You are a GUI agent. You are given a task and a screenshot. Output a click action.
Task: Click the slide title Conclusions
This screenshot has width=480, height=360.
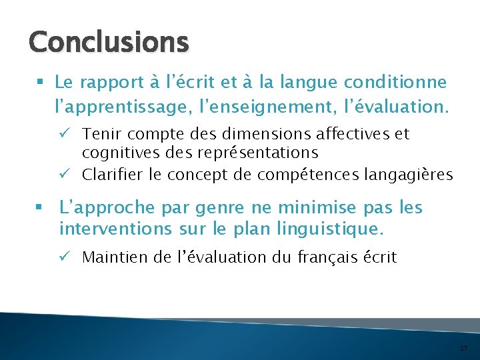pos(109,42)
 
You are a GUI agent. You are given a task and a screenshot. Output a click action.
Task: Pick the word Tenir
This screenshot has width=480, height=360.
pos(99,134)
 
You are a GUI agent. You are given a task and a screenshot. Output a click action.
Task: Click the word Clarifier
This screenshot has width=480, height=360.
pos(113,175)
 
